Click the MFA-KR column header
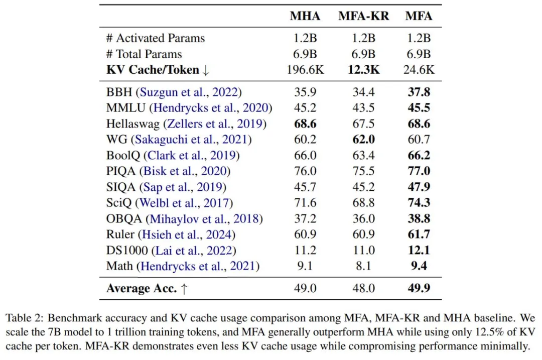pos(363,16)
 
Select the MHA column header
pos(305,16)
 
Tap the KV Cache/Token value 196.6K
pos(305,70)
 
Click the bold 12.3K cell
pos(363,70)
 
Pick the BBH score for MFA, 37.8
pos(418,92)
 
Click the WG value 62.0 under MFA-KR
pos(363,140)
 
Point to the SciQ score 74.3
pos(418,203)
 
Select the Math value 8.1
pos(363,266)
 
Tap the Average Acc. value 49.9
pos(418,289)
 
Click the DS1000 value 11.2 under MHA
pos(305,250)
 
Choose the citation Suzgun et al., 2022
pos(191,92)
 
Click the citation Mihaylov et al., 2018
pos(205,219)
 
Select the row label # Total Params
pos(144,54)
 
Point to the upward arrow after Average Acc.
pos(184,289)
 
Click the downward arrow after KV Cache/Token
pos(206,71)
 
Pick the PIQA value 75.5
pos(363,171)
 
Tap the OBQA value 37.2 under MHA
pos(305,219)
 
